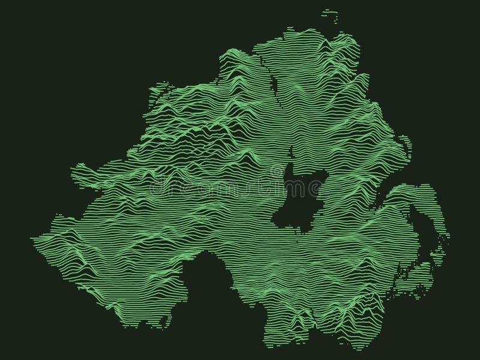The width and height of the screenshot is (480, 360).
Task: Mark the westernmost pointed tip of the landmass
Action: coord(35,240)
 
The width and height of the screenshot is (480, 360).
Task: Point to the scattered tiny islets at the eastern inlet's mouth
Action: coord(441,246)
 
